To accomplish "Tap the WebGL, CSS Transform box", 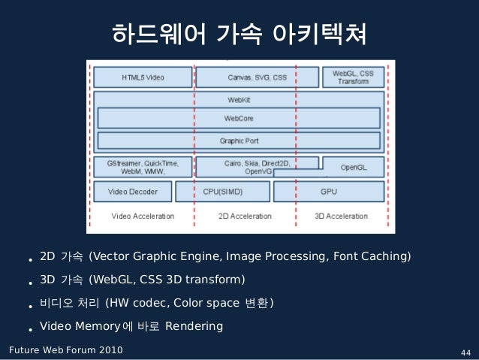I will coord(353,77).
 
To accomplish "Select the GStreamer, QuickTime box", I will coord(142,167).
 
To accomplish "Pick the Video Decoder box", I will coord(133,192).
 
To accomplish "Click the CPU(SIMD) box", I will coord(222,192).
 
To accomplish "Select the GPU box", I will coord(329,192).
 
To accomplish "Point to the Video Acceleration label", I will coord(143,216).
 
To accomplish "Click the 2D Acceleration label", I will coord(245,216).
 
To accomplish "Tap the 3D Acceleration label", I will coord(341,216).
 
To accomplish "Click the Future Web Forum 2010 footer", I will coord(63,350).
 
